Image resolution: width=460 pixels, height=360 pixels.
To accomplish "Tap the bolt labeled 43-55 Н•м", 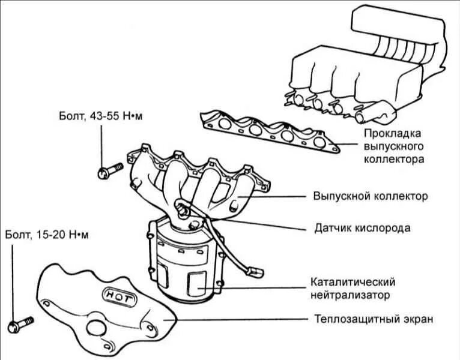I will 104,173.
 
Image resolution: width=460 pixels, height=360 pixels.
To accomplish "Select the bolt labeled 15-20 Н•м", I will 16,326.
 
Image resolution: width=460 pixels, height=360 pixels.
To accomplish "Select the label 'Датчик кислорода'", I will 362,228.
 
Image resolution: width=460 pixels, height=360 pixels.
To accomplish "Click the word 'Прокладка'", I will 393,133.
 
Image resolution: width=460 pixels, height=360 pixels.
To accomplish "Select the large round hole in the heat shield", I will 96,328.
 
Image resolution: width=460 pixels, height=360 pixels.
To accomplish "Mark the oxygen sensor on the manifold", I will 181,208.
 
